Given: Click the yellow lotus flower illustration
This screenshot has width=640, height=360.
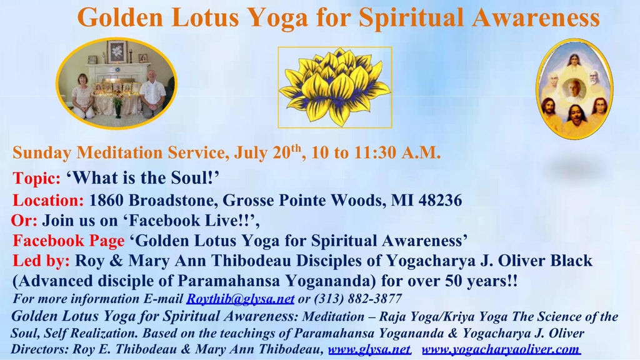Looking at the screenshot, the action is click(x=335, y=87).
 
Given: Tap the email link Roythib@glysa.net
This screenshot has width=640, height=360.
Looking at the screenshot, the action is click(x=241, y=299).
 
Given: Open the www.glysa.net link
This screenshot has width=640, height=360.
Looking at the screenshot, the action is click(x=369, y=349).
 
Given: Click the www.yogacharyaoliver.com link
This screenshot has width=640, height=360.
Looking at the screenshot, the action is click(x=501, y=349).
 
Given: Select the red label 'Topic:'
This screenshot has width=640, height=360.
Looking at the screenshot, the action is click(x=37, y=178).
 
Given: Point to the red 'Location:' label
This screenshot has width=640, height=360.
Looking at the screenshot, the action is click(x=48, y=201).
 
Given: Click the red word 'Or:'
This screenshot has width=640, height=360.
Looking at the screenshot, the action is click(x=24, y=221).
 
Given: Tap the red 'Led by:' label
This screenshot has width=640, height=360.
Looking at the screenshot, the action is click(x=41, y=261).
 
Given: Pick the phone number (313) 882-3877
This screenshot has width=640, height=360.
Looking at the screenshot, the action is click(x=357, y=299).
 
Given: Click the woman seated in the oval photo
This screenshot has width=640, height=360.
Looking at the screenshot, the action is click(x=83, y=96).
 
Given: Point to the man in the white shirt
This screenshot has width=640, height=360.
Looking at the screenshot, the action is click(x=152, y=94).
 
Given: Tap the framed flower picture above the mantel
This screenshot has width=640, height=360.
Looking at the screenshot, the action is click(x=117, y=52).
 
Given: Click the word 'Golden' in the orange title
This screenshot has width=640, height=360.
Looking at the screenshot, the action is click(x=120, y=17).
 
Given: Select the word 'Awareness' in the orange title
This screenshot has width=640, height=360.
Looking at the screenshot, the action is click(x=536, y=17).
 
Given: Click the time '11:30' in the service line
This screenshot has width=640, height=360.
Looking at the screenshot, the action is click(x=375, y=152).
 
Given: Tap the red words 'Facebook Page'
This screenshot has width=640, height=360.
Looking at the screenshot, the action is click(x=69, y=241).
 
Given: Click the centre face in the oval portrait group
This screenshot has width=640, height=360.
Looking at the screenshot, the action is click(x=574, y=89).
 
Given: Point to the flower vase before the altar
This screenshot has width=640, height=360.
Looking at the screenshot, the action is click(x=118, y=107).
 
